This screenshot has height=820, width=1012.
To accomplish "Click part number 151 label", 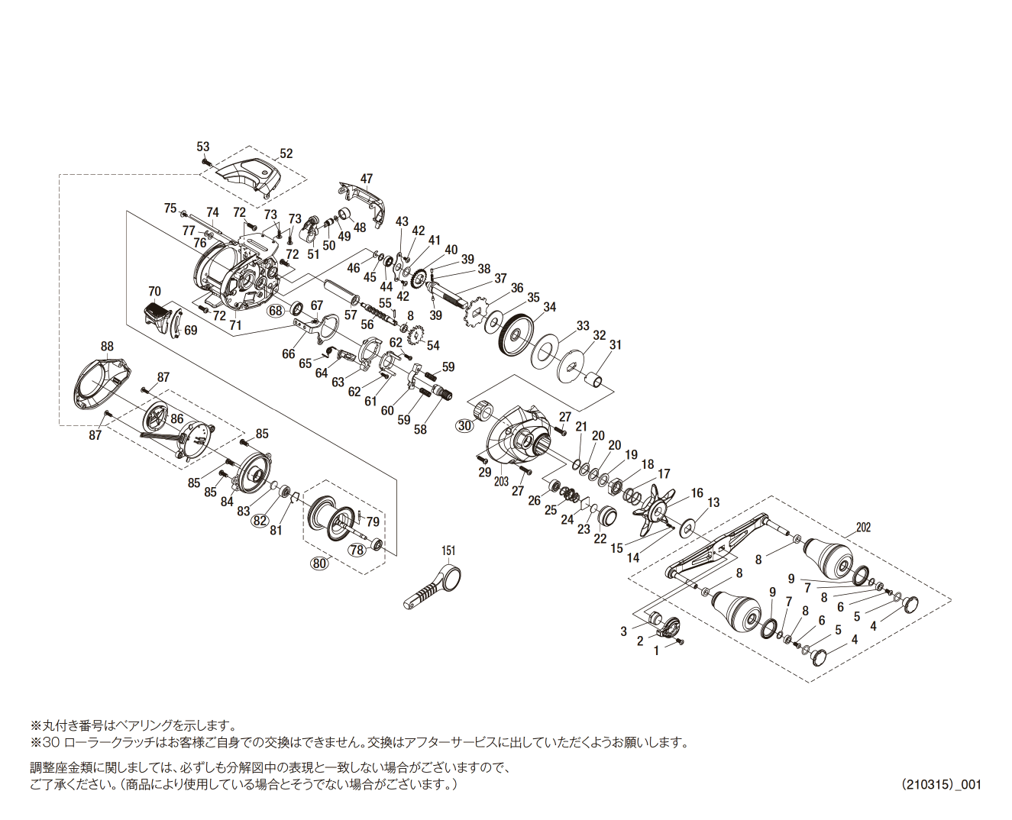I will pyautogui.click(x=448, y=550).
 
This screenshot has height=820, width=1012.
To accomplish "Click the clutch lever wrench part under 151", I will pyautogui.click(x=434, y=586).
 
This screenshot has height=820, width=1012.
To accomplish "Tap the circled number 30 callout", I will pyautogui.click(x=464, y=426).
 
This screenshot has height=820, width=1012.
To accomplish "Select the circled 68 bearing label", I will pyautogui.click(x=276, y=310).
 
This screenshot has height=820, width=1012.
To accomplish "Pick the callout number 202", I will pyautogui.click(x=863, y=528).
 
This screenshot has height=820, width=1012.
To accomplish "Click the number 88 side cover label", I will pyautogui.click(x=107, y=347).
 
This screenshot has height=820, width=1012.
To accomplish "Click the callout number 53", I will pyautogui.click(x=202, y=147).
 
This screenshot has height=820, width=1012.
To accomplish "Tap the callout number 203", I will pyautogui.click(x=501, y=482).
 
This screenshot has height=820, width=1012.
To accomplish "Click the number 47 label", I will pyautogui.click(x=367, y=179).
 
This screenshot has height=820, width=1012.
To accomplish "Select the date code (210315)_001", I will pyautogui.click(x=941, y=784).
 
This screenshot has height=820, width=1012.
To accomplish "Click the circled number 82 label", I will pyautogui.click(x=260, y=520).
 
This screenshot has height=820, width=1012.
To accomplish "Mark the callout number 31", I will pyautogui.click(x=615, y=345).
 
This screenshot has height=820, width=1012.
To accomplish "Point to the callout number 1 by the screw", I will pyautogui.click(x=656, y=651).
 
